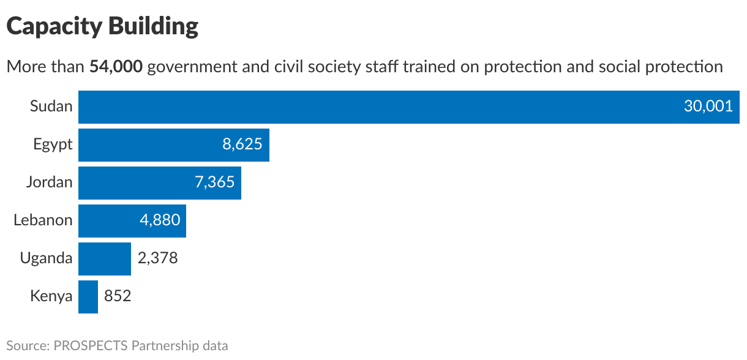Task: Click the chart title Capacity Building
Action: coord(102,26)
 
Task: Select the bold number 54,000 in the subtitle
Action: coord(116,66)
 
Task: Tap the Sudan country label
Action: coord(51,107)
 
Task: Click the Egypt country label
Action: coord(53,144)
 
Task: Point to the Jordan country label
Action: coord(49,182)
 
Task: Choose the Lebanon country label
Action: coord(43,220)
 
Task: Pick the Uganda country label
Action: coord(46,258)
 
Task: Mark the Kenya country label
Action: coord(51,296)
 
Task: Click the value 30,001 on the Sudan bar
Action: coord(708,107)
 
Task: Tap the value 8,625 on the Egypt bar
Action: coord(242,144)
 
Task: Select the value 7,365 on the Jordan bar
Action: coord(214,182)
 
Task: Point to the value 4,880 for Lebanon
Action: coord(160,220)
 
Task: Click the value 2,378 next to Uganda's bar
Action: coord(157,258)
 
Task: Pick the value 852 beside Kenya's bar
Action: coord(118,296)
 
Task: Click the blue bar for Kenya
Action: coord(88,296)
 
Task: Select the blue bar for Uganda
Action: coord(105,258)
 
